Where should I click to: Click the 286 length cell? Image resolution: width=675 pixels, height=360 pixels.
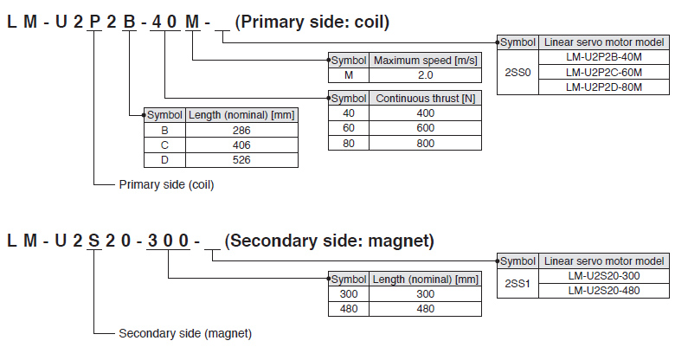click(x=241, y=130)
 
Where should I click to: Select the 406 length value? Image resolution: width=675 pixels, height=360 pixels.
click(x=241, y=145)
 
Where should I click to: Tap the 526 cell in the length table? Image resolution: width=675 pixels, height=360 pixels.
click(x=241, y=160)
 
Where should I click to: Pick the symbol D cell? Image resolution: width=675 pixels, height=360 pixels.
click(x=164, y=160)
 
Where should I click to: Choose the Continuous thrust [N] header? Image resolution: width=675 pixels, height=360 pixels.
click(x=425, y=99)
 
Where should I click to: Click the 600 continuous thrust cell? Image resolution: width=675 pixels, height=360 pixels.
click(x=425, y=128)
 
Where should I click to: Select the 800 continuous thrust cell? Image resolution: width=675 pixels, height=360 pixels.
click(x=425, y=144)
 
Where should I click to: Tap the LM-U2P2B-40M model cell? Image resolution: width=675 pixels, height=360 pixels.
click(x=604, y=56)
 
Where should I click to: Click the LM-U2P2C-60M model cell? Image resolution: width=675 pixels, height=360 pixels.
click(x=604, y=72)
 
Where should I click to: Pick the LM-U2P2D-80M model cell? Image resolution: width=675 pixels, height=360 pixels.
click(x=604, y=87)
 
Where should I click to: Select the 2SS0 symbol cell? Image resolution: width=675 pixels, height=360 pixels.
click(x=518, y=72)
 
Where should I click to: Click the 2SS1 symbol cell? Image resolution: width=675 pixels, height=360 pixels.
click(x=518, y=283)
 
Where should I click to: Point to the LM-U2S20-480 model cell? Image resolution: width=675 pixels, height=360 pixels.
click(x=604, y=291)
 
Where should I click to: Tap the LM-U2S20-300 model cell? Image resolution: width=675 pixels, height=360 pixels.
click(x=604, y=275)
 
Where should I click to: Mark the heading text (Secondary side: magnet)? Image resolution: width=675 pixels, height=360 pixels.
click(x=329, y=241)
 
